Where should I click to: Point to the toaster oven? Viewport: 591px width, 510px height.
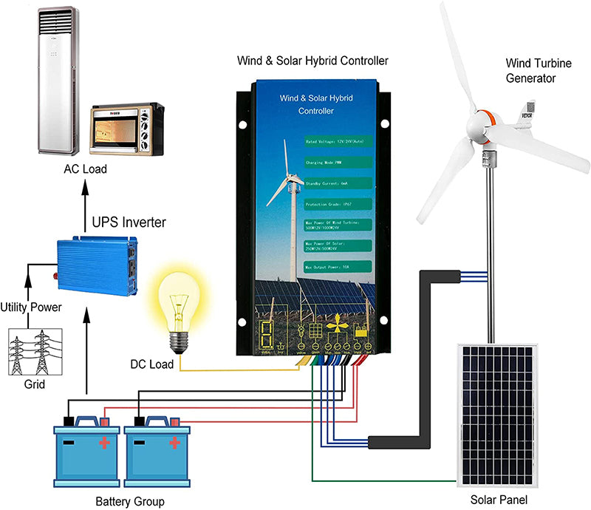(x=126, y=129)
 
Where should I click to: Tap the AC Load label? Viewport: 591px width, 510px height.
(x=84, y=169)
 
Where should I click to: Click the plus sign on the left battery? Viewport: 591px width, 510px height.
(x=104, y=443)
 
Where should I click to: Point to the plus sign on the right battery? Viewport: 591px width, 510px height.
(x=175, y=443)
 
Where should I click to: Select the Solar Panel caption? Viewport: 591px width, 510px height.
(x=499, y=500)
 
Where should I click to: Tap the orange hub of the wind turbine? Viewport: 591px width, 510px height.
(x=484, y=126)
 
